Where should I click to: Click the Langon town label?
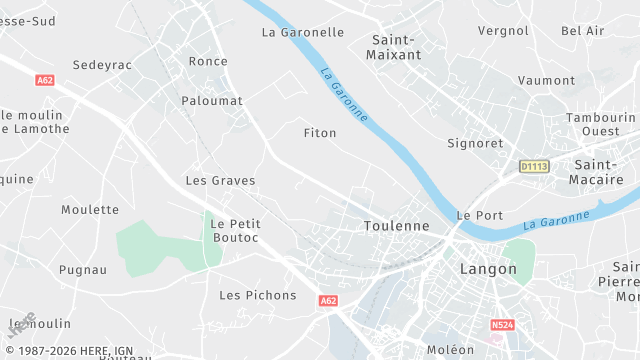coord(488,269)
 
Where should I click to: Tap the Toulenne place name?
coord(396,226)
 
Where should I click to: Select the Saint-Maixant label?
coord(395,47)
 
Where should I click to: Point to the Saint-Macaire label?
coord(599,172)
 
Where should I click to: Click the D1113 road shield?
coord(535,166)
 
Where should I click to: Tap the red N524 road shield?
coord(502,325)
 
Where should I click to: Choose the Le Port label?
coord(479,215)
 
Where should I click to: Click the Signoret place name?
coord(475,143)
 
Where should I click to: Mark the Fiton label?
coord(320,132)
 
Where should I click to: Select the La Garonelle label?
coord(302,32)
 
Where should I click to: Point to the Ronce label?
coord(208,61)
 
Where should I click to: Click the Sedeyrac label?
coord(103,65)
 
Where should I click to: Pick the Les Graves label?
coord(220,181)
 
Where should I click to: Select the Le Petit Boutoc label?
coord(236,230)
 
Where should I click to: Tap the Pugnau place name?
coord(83,270)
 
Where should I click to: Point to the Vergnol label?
coord(503,31)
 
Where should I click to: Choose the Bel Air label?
coord(583,31)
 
